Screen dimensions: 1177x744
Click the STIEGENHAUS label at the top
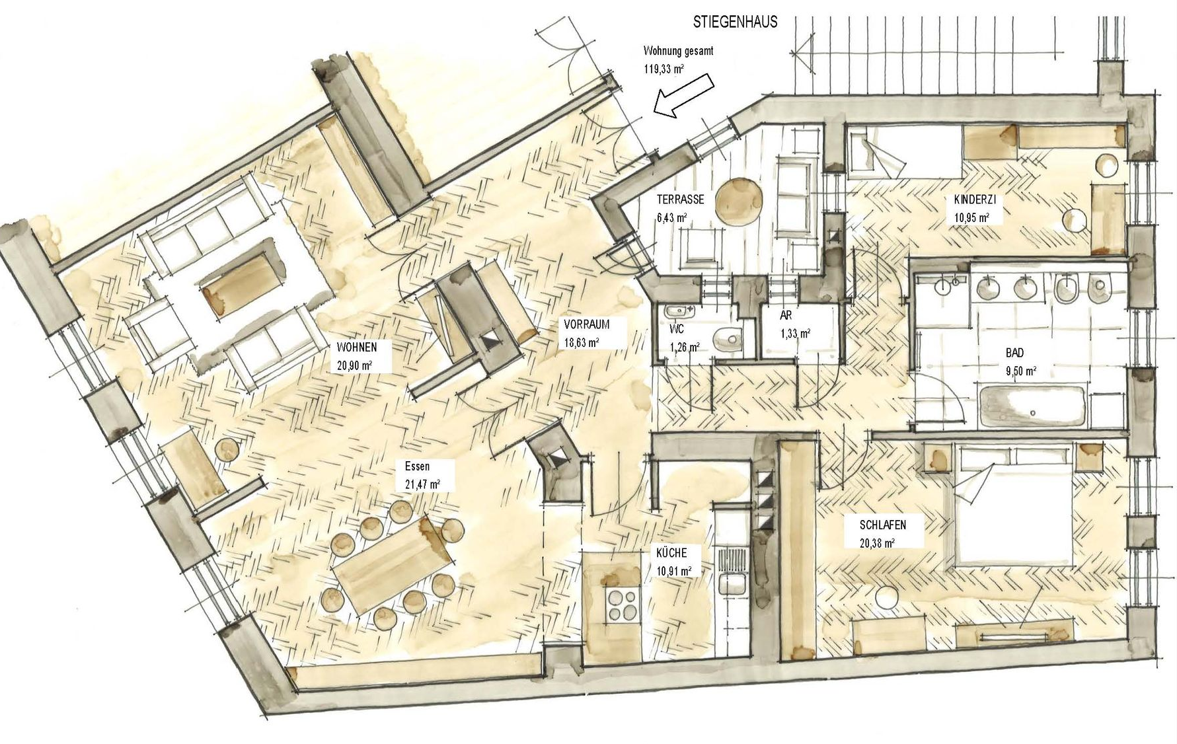735,22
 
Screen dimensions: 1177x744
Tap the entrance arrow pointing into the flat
683,96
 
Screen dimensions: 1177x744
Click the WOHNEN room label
357,347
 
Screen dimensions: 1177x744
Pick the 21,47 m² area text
422,484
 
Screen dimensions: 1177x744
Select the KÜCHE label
671,552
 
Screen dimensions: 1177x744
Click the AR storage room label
786,316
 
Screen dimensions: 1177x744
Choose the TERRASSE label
680,199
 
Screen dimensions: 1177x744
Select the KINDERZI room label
974,200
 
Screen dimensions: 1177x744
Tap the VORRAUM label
586,325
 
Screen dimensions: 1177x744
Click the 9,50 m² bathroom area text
1020,371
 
